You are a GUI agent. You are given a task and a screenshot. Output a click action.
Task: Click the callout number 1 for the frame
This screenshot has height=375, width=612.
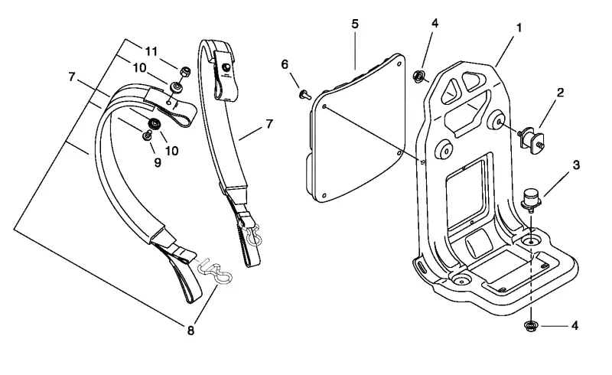pyautogui.click(x=519, y=28)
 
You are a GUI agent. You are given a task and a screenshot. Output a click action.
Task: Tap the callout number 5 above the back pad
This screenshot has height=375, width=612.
pyautogui.click(x=355, y=24)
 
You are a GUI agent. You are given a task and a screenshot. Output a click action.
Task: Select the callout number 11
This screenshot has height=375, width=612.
pyautogui.click(x=151, y=51)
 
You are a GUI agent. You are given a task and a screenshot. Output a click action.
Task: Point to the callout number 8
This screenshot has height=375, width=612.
pyautogui.click(x=190, y=331)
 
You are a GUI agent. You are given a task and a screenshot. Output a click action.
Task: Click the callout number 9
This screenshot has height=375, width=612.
pyautogui.click(x=158, y=162)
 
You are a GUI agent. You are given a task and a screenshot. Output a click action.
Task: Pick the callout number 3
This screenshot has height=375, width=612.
pyautogui.click(x=576, y=165)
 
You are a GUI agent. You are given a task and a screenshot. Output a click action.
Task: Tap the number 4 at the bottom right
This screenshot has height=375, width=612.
pyautogui.click(x=575, y=325)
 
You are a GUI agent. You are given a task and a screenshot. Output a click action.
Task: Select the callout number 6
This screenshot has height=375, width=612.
pyautogui.click(x=285, y=64)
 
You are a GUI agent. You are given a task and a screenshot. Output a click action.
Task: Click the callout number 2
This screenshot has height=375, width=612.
pyautogui.click(x=560, y=93)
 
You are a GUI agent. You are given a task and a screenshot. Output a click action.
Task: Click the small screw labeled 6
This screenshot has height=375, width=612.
pyautogui.click(x=304, y=94)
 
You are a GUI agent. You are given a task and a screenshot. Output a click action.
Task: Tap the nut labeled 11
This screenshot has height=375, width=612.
pyautogui.click(x=185, y=72)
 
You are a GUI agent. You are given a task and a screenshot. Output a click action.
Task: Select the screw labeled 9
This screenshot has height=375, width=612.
pyautogui.click(x=148, y=135)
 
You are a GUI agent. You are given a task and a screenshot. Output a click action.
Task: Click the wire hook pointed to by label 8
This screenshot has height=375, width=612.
pyautogui.click(x=214, y=271)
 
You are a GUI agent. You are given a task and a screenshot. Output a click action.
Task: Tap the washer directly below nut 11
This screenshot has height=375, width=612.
pyautogui.click(x=176, y=86)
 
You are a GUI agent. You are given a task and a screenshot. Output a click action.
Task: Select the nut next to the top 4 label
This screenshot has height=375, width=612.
pyautogui.click(x=418, y=76)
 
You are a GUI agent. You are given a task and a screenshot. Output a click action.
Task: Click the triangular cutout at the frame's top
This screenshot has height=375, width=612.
pyautogui.click(x=448, y=90)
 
